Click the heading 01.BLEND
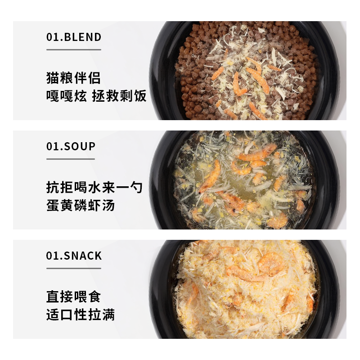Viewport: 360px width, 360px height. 74,37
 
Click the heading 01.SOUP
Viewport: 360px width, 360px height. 71,146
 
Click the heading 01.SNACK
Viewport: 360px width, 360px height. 74,256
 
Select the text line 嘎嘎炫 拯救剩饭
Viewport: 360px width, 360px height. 96,95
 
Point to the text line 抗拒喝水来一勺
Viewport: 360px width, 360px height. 94,187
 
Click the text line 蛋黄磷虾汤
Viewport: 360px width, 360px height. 81,205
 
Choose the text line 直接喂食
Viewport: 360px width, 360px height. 73,297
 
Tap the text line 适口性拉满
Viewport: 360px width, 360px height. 81,315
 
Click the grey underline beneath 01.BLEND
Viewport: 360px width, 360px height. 73,49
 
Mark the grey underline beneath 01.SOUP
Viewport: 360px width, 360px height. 71,159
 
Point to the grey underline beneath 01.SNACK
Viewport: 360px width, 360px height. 73,269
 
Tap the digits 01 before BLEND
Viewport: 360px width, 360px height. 52,37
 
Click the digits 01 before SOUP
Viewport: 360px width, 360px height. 52,146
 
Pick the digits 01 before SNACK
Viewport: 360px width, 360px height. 52,256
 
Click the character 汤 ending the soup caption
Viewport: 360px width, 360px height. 108,205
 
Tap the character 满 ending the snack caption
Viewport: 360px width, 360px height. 108,315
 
